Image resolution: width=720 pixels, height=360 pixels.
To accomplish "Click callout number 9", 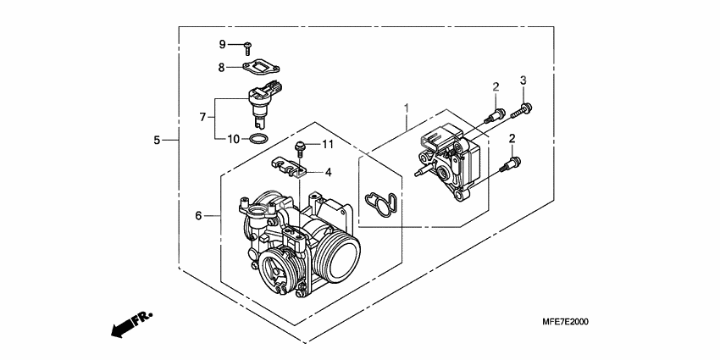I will [x=222, y=44].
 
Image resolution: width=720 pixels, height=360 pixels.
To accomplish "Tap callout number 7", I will [x=202, y=117].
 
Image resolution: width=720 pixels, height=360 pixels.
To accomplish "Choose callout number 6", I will [x=200, y=216].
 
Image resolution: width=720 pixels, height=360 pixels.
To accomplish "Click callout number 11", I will [x=329, y=145].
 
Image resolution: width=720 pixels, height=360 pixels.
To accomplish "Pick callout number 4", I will [x=329, y=172].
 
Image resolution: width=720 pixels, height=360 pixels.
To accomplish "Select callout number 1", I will [x=407, y=108].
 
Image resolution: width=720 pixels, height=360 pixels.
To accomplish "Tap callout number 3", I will [x=523, y=80].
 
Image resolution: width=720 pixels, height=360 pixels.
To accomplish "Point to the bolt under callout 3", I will [x=527, y=108].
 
